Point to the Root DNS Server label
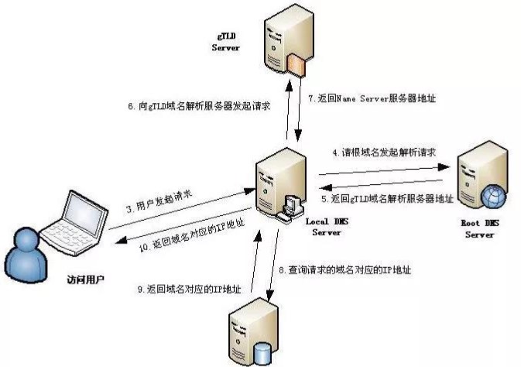(x=478, y=229)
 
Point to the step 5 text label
(x=386, y=200)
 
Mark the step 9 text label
(x=189, y=289)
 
